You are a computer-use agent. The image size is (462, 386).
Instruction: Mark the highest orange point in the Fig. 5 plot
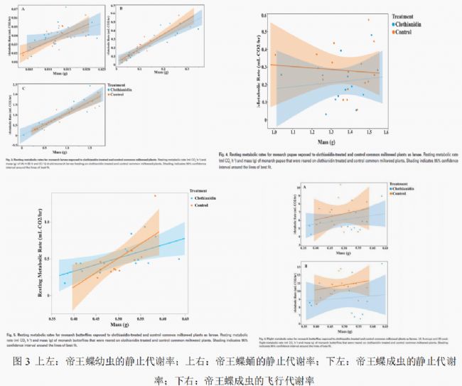click(x=154, y=196)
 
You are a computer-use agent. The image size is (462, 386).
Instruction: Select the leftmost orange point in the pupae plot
click(x=276, y=55)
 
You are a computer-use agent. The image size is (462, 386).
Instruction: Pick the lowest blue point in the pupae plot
click(x=326, y=114)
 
